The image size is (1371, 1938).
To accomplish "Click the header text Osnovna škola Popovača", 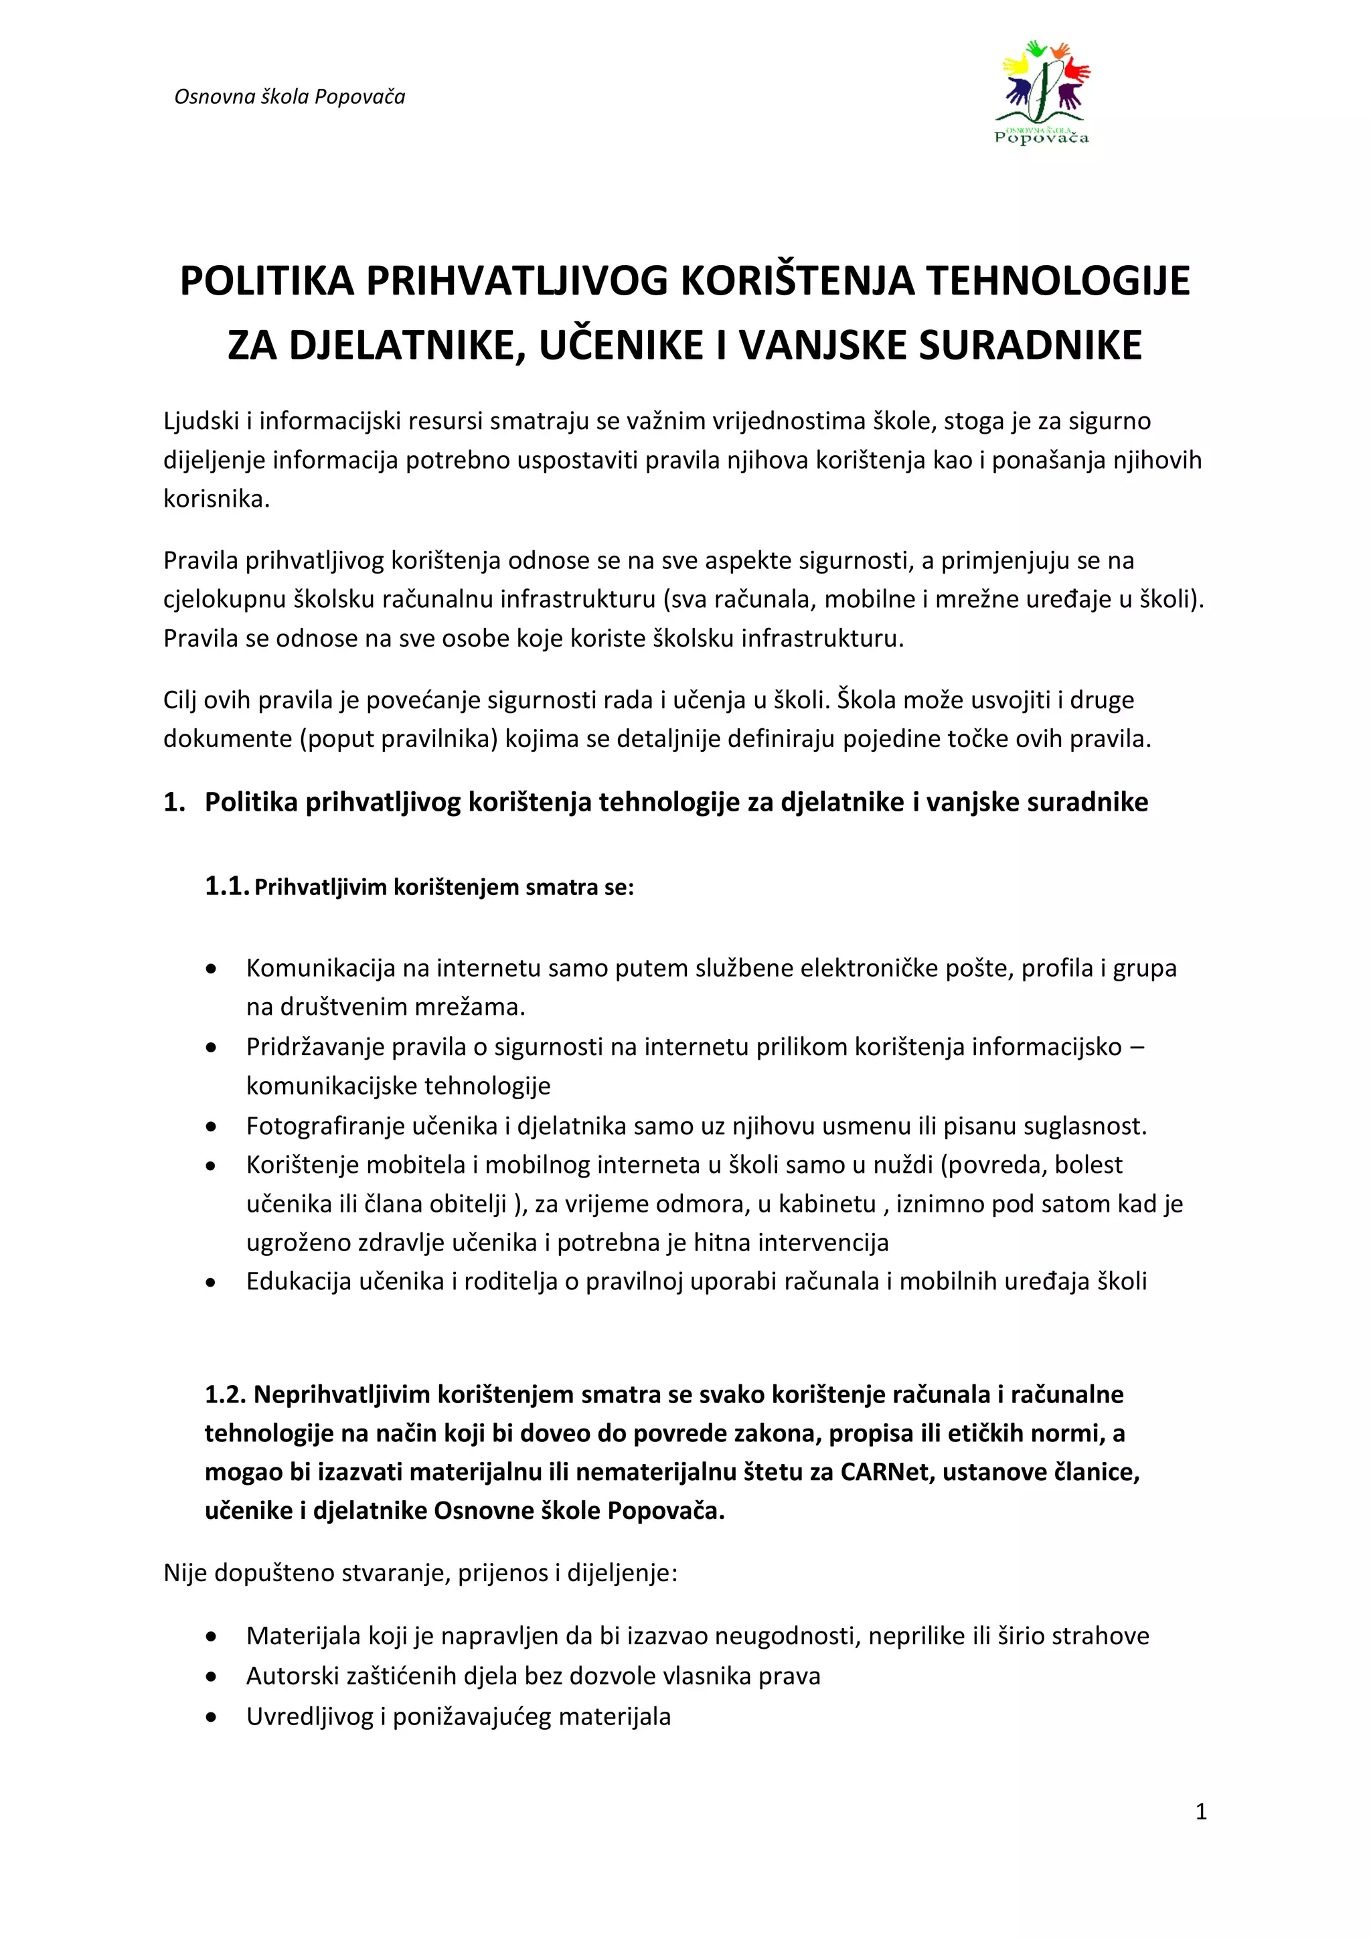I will pyautogui.click(x=290, y=97).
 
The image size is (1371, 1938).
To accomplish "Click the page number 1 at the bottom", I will pyautogui.click(x=1200, y=1811).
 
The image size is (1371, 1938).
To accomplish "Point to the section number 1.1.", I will pyautogui.click(x=226, y=886).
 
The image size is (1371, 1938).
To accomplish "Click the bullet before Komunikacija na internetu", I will pyautogui.click(x=211, y=969).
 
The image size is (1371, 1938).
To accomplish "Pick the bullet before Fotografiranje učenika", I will pyautogui.click(x=211, y=1127).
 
